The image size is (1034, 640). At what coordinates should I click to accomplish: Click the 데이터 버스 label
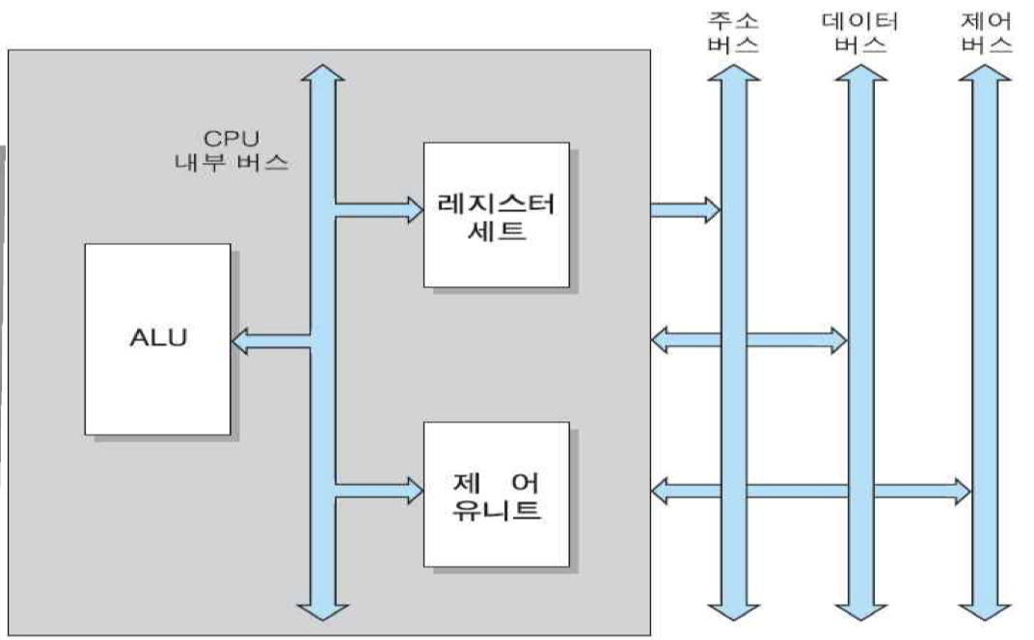[x=860, y=32]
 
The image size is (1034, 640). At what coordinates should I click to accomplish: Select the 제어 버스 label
[x=987, y=32]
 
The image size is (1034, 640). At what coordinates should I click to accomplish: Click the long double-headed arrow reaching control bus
[x=810, y=491]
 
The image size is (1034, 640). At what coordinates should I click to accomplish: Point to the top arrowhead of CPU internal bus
[x=321, y=77]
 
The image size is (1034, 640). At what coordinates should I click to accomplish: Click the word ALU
[x=157, y=339]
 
